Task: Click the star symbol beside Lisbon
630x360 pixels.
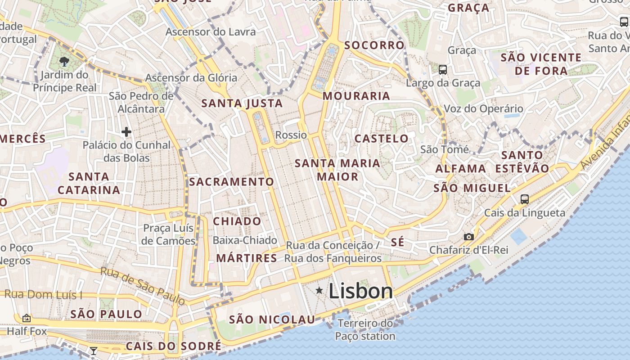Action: (x=319, y=291)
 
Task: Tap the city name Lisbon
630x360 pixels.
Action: (x=361, y=291)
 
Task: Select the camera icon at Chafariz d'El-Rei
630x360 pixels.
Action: (x=468, y=237)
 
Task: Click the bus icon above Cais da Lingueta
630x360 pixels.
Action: (x=524, y=199)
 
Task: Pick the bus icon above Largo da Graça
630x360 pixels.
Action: (x=443, y=69)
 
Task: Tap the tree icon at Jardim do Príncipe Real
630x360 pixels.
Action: (x=64, y=61)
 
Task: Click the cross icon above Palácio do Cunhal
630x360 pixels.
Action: (x=126, y=132)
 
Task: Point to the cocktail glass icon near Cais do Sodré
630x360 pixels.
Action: (x=94, y=351)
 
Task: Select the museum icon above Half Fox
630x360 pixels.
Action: (x=27, y=318)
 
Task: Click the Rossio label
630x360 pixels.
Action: (x=291, y=135)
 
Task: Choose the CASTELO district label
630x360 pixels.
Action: (x=382, y=139)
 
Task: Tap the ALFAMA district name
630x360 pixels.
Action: (x=461, y=169)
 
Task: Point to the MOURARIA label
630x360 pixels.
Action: (x=356, y=96)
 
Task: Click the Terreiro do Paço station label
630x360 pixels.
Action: (x=365, y=330)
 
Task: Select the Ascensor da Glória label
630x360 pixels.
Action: (x=191, y=78)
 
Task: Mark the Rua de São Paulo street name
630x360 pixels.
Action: (x=142, y=285)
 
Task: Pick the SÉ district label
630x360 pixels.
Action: (x=397, y=242)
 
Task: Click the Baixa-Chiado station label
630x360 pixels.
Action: (x=245, y=240)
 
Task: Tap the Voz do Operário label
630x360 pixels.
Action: (x=483, y=108)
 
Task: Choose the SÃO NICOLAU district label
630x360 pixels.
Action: (x=272, y=319)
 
